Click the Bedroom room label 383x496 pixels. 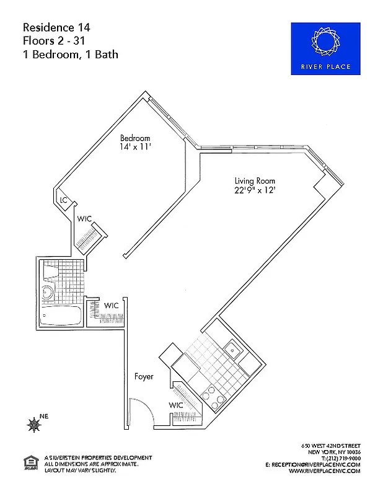pos(135,138)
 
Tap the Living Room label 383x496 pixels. pos(250,180)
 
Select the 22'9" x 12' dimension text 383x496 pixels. pos(250,191)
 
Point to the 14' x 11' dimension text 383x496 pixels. pos(135,148)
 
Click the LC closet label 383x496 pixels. pos(63,200)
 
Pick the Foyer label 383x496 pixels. pos(144,376)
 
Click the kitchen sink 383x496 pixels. pos(233,350)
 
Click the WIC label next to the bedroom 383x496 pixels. pos(84,219)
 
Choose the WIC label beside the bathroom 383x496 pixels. pos(111,305)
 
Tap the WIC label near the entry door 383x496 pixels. pos(176,405)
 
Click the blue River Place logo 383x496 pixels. pos(325,49)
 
